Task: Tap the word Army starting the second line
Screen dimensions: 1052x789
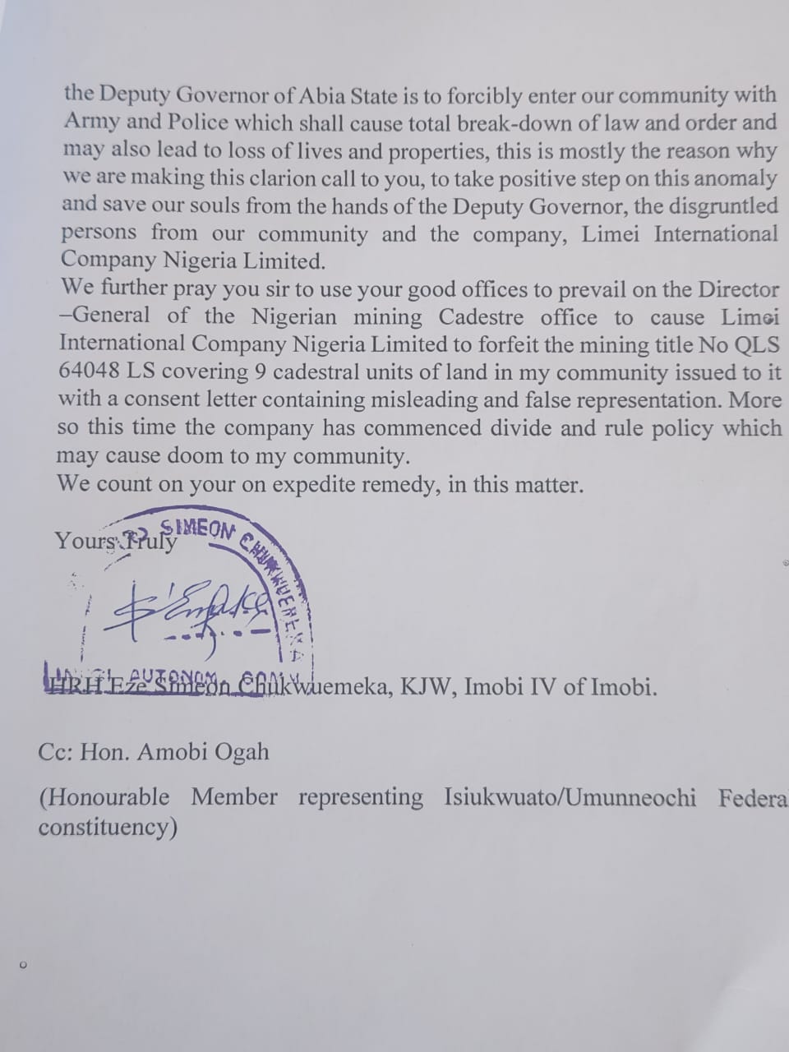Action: [91, 122]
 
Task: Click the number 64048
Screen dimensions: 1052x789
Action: [89, 371]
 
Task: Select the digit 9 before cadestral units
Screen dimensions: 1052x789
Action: [260, 371]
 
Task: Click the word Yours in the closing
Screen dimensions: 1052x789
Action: [85, 541]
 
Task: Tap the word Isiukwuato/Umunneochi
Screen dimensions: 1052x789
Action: [570, 797]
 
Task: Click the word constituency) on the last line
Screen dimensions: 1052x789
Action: [107, 827]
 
